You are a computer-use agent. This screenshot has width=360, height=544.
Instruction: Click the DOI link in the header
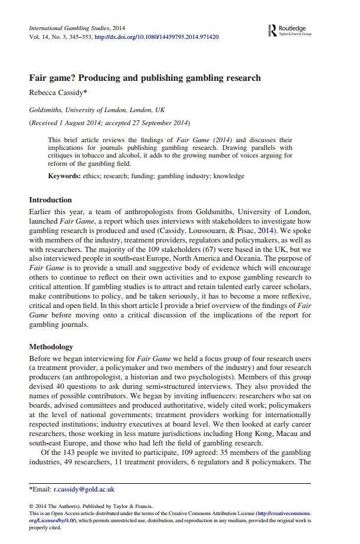point(156,37)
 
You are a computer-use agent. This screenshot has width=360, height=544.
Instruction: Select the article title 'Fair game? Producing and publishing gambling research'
point(145,78)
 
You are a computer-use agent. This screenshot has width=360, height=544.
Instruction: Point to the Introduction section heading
point(50,200)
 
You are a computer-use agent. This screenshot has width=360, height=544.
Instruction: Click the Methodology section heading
point(51,347)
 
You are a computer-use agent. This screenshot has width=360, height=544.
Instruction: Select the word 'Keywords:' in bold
point(64,176)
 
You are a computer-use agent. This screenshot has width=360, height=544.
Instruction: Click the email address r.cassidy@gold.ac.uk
point(84,489)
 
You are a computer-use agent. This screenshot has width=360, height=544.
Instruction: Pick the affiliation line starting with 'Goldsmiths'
point(97,110)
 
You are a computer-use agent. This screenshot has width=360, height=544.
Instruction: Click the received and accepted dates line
point(110,123)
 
